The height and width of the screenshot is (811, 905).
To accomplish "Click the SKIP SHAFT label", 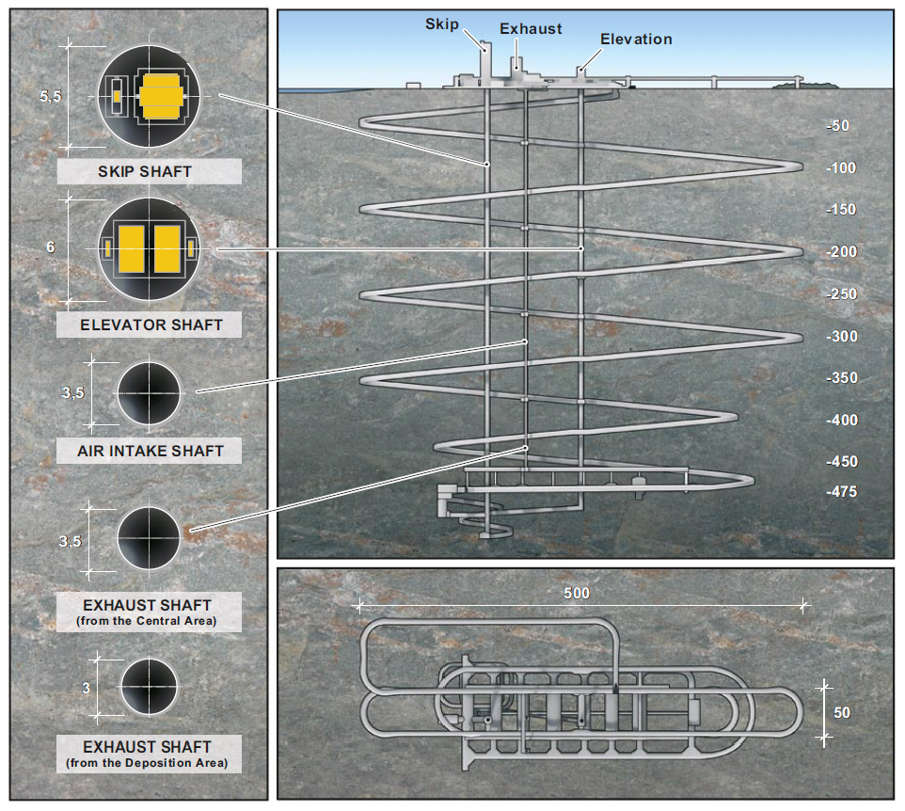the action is [144, 171].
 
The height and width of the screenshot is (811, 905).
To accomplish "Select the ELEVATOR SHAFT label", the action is [151, 325].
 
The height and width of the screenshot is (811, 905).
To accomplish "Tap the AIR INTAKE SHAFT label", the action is [151, 451].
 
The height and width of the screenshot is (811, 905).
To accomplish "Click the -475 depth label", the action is [842, 492].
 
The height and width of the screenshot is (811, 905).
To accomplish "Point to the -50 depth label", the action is [837, 126].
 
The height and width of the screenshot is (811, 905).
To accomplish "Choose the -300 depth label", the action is [842, 337].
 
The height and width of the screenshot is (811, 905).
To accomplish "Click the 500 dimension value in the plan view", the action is [577, 594].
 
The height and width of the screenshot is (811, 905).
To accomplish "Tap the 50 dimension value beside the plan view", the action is [842, 713].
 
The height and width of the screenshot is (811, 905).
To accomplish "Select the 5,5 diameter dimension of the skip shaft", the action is [50, 96].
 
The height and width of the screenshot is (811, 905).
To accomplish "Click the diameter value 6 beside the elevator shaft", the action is [51, 247].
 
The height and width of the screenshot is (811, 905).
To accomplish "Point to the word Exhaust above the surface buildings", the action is [531, 29].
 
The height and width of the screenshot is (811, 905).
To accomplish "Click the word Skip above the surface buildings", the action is [442, 24].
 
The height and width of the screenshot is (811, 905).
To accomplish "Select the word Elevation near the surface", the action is [636, 40].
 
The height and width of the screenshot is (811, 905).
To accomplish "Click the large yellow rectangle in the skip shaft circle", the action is [162, 96].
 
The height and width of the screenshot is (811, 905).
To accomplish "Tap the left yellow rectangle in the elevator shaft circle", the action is [132, 248].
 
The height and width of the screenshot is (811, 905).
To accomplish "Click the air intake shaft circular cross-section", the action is [149, 393].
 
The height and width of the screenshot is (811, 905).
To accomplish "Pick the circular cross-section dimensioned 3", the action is [149, 687].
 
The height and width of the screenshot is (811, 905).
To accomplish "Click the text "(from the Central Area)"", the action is [147, 621].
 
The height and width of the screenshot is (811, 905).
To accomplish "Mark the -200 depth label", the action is [842, 251].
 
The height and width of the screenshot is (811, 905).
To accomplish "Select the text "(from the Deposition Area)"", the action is [147, 763].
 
